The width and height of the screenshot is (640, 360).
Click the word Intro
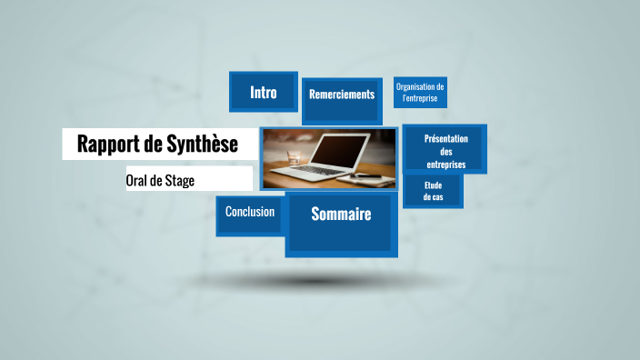(x=264, y=92)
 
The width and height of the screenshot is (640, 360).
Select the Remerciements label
(x=342, y=95)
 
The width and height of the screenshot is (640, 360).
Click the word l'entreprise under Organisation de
(x=421, y=96)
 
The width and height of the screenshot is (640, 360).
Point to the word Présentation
(x=445, y=139)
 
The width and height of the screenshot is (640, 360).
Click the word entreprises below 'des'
(x=446, y=165)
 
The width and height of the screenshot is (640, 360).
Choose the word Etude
(x=432, y=185)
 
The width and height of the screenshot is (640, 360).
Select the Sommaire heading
(x=341, y=215)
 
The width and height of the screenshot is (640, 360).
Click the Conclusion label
(x=250, y=212)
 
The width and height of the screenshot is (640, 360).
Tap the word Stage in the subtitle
(x=180, y=180)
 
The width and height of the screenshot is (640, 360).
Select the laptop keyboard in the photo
(x=332, y=171)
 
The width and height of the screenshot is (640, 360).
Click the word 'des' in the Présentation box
(x=445, y=152)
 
